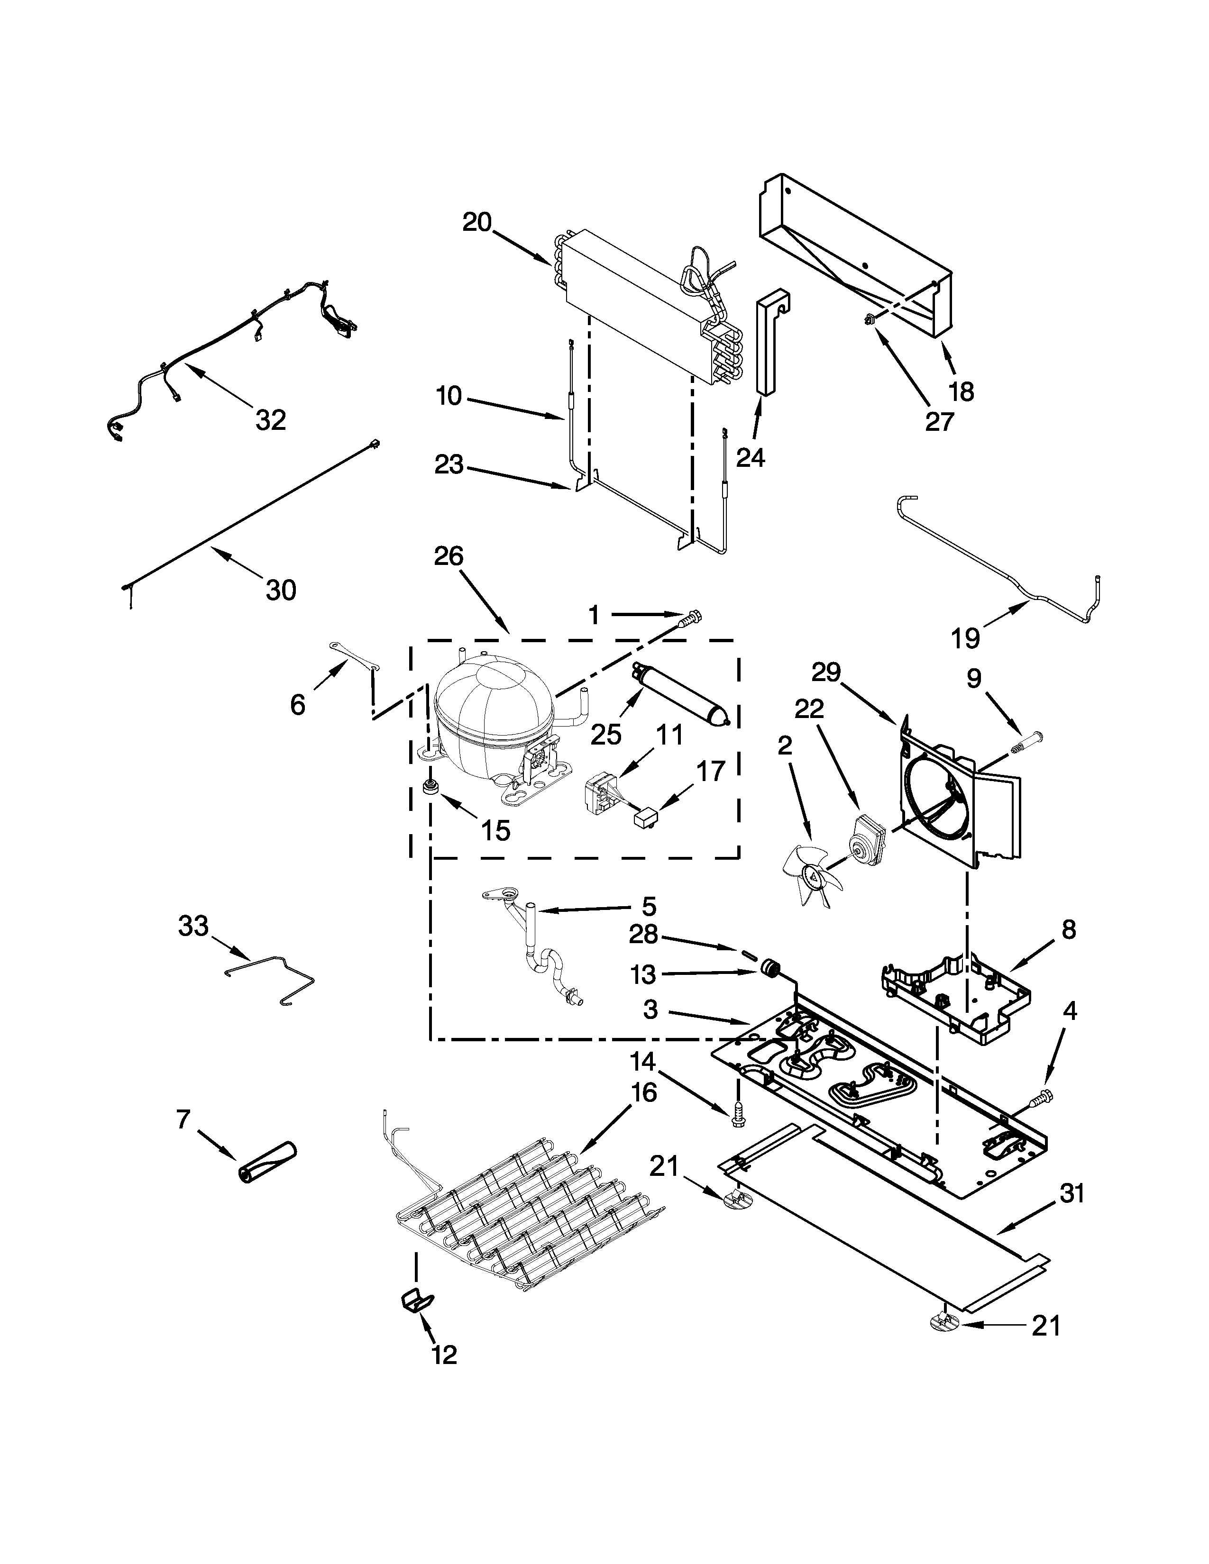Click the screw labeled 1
[692, 615]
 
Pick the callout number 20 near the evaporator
[477, 223]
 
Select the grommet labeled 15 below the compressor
[430, 787]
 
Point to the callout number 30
[281, 590]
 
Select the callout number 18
[961, 392]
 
